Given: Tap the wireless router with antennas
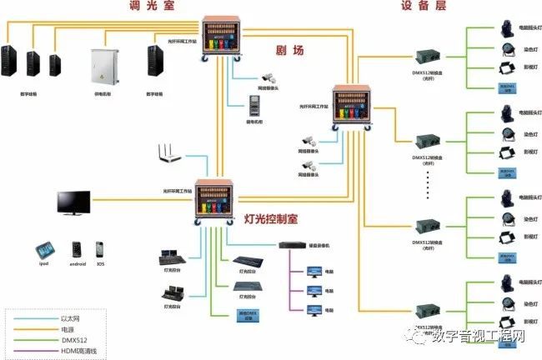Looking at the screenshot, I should (170, 154).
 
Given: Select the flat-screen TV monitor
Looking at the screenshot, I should (73, 202).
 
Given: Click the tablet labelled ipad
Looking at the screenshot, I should (44, 251).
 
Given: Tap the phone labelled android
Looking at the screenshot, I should (77, 250).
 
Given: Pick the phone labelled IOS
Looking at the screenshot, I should (99, 250).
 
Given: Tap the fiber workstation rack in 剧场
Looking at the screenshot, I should (356, 107).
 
